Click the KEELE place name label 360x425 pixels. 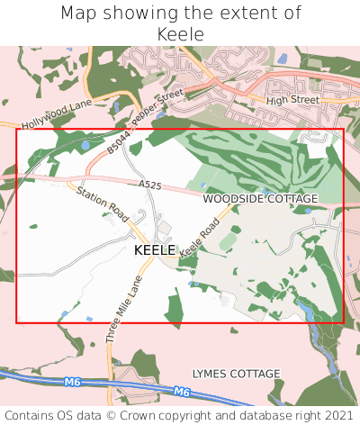click(155, 249)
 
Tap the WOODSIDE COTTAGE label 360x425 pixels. click(260, 198)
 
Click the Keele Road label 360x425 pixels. click(200, 239)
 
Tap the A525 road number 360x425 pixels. click(150, 185)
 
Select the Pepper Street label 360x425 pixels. click(157, 107)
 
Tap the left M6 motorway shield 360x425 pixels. click(73, 383)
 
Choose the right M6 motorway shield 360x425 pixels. click(182, 392)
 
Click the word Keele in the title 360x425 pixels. click(180, 33)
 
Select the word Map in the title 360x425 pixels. click(78, 14)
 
